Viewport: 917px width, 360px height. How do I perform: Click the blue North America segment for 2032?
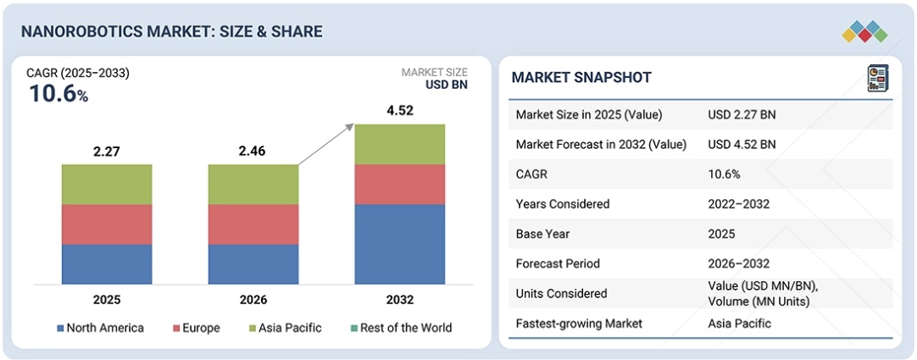(x=400, y=244)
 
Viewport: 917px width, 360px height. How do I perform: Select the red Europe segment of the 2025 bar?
(x=107, y=224)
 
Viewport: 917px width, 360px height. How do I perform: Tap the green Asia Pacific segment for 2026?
(x=253, y=184)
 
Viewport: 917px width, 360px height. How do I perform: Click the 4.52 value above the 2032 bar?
(x=400, y=110)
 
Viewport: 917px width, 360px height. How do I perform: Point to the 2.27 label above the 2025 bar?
(x=107, y=152)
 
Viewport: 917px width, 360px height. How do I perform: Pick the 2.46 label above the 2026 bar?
(x=253, y=152)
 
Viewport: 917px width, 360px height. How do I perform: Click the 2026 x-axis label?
(x=253, y=300)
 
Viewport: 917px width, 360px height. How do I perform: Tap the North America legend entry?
(x=100, y=328)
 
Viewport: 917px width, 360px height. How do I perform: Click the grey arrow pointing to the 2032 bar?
(x=325, y=144)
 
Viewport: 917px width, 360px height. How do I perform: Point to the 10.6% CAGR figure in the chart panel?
(x=58, y=94)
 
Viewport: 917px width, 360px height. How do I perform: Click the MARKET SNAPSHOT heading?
(x=581, y=78)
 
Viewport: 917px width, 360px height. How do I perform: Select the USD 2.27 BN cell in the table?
(x=742, y=114)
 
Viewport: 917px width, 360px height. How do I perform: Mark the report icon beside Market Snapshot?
(x=876, y=78)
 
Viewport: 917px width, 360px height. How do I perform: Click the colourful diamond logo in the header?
(x=864, y=31)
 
